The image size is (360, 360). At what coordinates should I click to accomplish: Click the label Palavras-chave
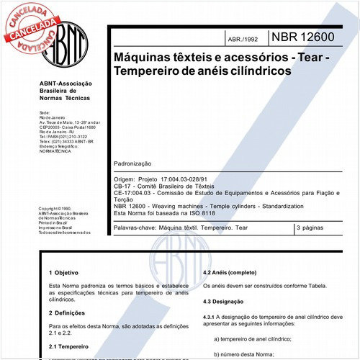(135, 228)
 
